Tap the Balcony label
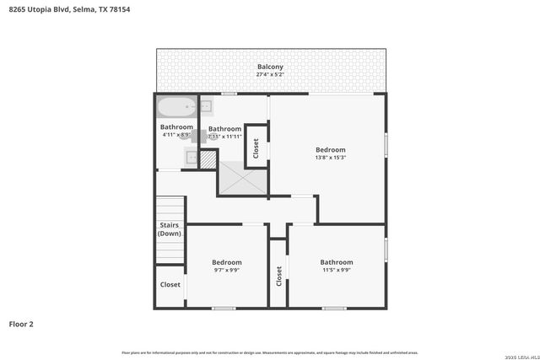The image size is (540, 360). click(x=270, y=67)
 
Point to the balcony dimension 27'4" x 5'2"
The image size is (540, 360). click(x=270, y=74)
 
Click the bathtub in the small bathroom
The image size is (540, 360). click(x=176, y=108)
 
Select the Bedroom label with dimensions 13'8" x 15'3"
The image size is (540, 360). click(x=330, y=149)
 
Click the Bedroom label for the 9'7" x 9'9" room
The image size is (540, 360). click(x=226, y=262)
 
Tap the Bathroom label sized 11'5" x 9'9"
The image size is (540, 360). click(x=336, y=262)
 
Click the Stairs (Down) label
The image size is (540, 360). click(x=170, y=228)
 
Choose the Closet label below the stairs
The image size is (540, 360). click(x=170, y=285)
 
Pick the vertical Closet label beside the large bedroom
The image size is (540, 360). click(x=256, y=147)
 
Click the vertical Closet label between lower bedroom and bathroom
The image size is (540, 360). click(x=278, y=276)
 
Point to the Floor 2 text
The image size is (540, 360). click(x=21, y=323)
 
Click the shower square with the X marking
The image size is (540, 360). click(x=242, y=179)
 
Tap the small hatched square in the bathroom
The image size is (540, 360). click(x=208, y=159)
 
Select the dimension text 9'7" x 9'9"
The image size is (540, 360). click(x=226, y=271)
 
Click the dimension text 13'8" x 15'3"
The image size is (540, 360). click(x=330, y=158)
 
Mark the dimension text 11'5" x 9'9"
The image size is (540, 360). click(x=336, y=271)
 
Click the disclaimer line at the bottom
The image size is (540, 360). click(x=270, y=352)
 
